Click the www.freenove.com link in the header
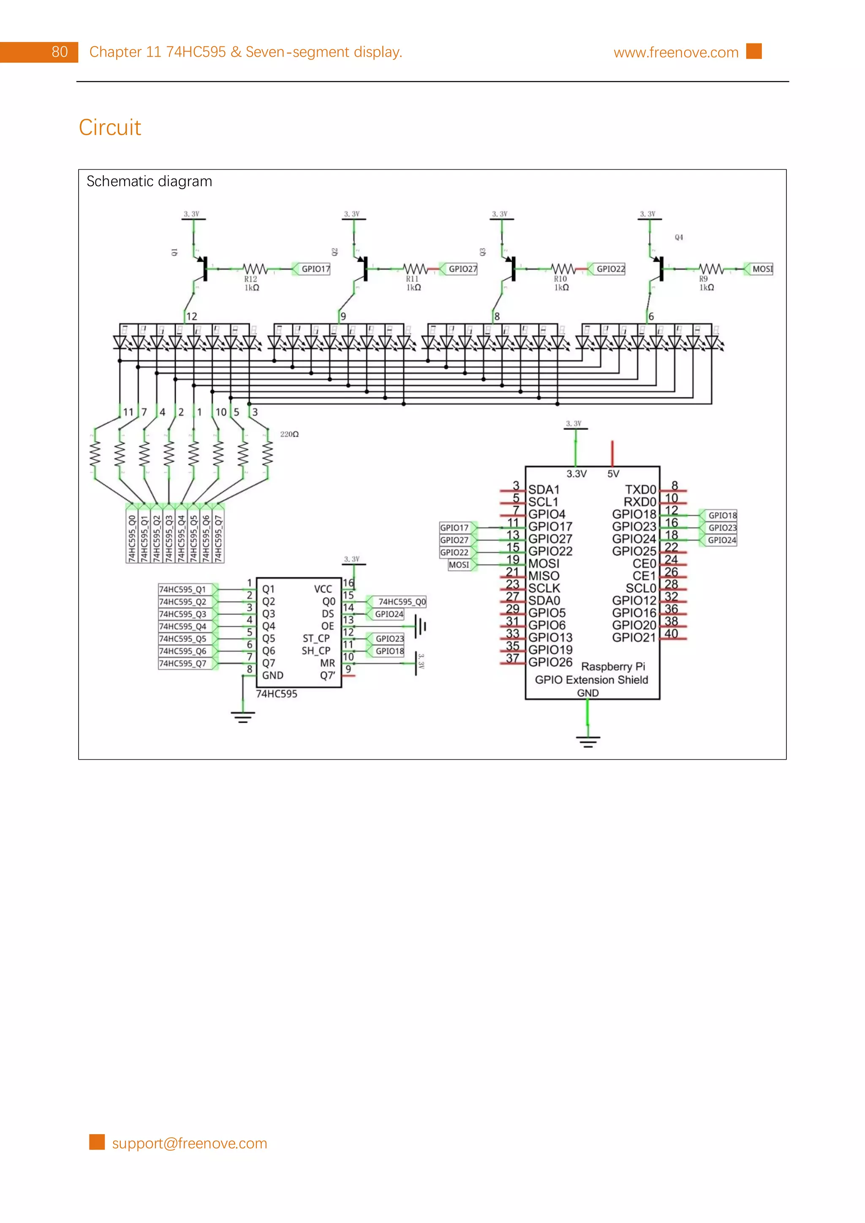pyautogui.click(x=675, y=52)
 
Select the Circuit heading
pyautogui.click(x=110, y=127)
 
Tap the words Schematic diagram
pyautogui.click(x=149, y=181)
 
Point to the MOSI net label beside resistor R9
pyautogui.click(x=761, y=269)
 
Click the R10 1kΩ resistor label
pyautogui.click(x=560, y=283)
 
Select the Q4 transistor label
pyautogui.click(x=678, y=237)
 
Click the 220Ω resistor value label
pyautogui.click(x=289, y=434)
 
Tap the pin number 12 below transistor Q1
pyautogui.click(x=191, y=317)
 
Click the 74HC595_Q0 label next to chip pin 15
pyautogui.click(x=401, y=601)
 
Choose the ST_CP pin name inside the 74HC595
pyautogui.click(x=316, y=638)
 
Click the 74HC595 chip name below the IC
pyautogui.click(x=277, y=693)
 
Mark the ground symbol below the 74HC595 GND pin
pyautogui.click(x=242, y=717)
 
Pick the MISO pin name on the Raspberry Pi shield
pyautogui.click(x=544, y=576)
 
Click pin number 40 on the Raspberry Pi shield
pyautogui.click(x=671, y=633)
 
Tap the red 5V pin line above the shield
pyautogui.click(x=612, y=453)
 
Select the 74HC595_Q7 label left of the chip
pyautogui.click(x=183, y=663)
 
